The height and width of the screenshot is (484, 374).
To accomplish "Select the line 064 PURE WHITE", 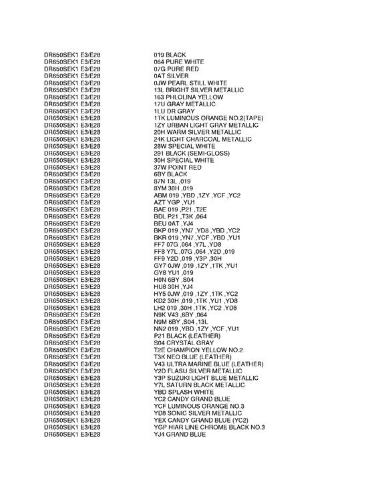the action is click(179, 62).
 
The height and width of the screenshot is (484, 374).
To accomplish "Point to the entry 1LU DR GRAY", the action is click(174, 111).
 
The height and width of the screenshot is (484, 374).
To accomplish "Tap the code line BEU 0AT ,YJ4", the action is click(173, 224).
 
